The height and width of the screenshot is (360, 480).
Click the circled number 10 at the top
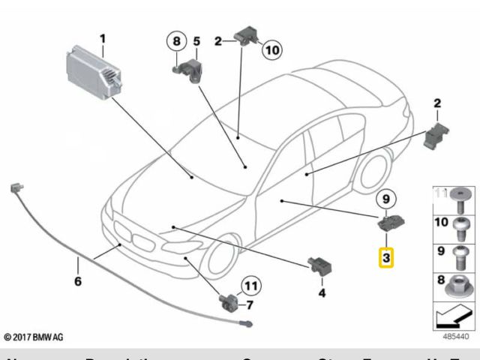point(270,50)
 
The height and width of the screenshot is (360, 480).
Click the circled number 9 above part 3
point(385,199)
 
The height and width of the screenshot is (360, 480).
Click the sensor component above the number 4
point(318,265)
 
